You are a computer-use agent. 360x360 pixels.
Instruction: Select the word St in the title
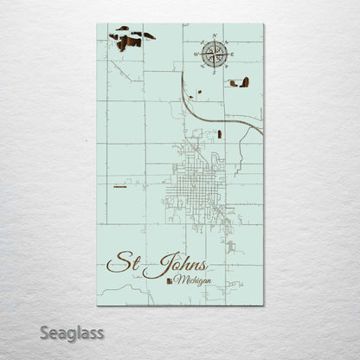pyautogui.click(x=124, y=262)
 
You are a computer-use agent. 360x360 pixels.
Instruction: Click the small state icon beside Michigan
pyautogui.click(x=169, y=280)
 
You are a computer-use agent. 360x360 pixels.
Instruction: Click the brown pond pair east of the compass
pyautogui.click(x=240, y=83)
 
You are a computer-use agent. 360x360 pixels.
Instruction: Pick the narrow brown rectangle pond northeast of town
pyautogui.click(x=222, y=133)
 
